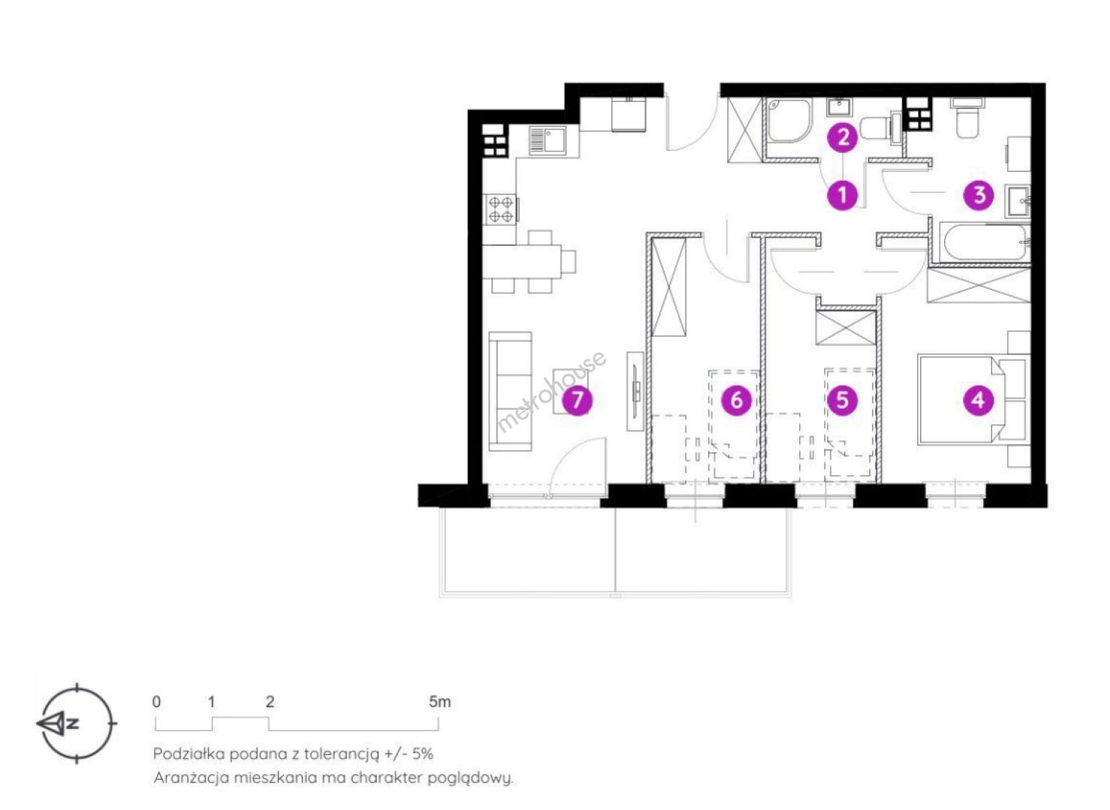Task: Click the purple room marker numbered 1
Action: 842,195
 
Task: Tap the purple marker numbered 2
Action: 843,137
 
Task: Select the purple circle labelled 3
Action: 979,195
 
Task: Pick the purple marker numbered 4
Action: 978,400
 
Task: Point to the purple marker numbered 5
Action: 842,400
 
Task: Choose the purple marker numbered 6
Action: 736,400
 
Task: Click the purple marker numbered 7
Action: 577,400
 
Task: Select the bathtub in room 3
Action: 985,242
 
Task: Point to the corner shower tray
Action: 790,121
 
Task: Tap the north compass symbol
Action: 77,723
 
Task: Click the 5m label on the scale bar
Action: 440,701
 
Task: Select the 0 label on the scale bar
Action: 157,701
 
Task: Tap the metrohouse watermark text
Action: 552,391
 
